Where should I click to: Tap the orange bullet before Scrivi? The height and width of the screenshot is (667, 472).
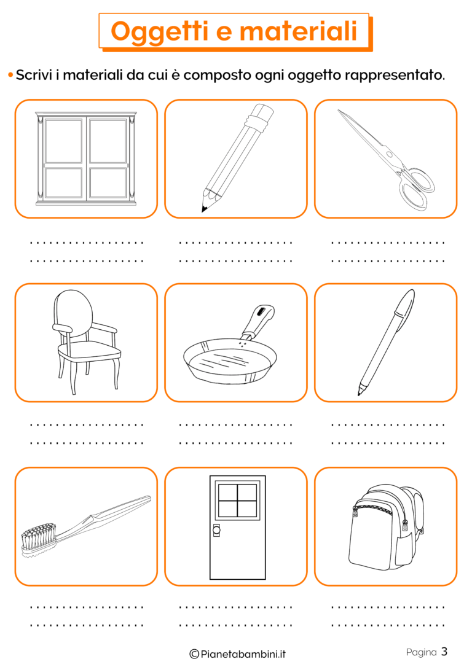[x=10, y=76]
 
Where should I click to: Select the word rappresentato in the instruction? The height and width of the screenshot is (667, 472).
[x=395, y=76]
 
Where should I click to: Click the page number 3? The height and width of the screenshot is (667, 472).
[x=444, y=651]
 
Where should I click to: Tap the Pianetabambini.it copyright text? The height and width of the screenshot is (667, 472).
[x=237, y=654]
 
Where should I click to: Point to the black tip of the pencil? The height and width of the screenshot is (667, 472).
[x=205, y=208]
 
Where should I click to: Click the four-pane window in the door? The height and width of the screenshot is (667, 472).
[x=237, y=500]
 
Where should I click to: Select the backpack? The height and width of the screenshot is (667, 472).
[x=386, y=528]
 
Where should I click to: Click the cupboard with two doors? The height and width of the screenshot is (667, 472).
[x=87, y=158]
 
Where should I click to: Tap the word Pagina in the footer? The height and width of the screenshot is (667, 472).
[x=422, y=652]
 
